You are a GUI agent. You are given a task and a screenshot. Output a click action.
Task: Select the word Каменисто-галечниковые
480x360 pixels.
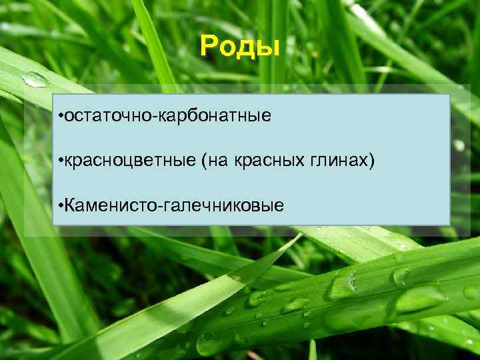tap(174, 205)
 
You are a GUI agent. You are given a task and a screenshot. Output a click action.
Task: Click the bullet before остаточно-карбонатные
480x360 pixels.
tap(61, 117)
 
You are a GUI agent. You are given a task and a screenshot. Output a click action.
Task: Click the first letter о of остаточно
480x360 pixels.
tap(69, 117)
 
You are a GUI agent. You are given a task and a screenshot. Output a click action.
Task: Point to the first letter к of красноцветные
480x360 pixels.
tap(69, 161)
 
